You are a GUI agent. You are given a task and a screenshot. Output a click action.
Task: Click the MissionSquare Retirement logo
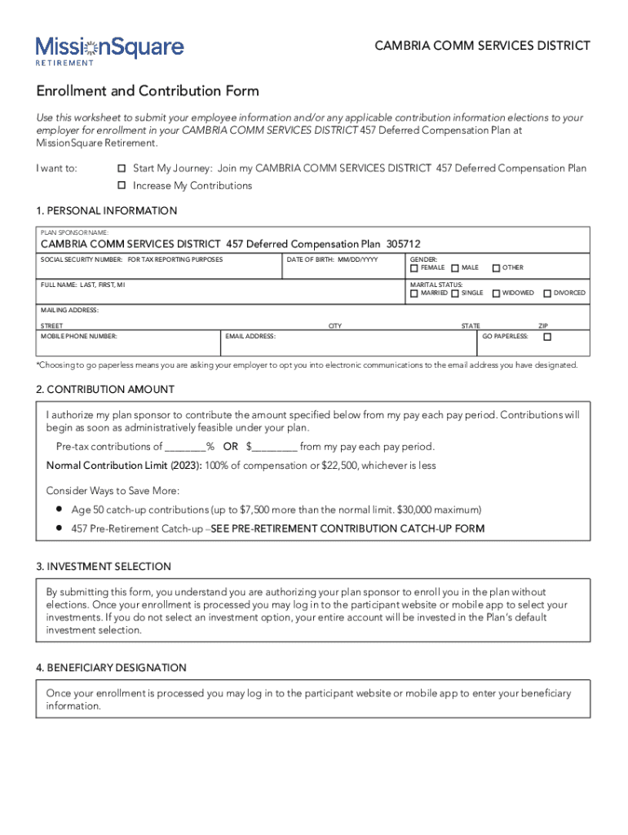[109, 50]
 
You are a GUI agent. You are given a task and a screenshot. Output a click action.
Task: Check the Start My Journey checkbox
[122, 168]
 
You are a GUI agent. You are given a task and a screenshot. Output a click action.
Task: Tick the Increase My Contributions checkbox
[122, 186]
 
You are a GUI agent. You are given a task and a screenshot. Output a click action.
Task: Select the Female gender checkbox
[414, 268]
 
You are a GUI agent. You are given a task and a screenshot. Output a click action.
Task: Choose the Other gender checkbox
[496, 268]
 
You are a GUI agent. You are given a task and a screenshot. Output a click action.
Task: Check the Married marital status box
[414, 294]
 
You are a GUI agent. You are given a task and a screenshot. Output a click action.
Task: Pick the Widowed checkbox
[496, 294]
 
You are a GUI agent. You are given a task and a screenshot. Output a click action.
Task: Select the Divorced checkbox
[547, 294]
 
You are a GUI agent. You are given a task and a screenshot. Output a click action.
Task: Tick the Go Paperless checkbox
[547, 337]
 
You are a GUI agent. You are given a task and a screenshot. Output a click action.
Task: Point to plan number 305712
[404, 244]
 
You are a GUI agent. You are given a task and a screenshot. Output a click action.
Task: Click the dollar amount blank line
[275, 447]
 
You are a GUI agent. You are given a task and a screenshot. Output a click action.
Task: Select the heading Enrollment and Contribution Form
[148, 91]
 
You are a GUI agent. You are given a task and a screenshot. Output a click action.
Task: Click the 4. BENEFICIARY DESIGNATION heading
[111, 668]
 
